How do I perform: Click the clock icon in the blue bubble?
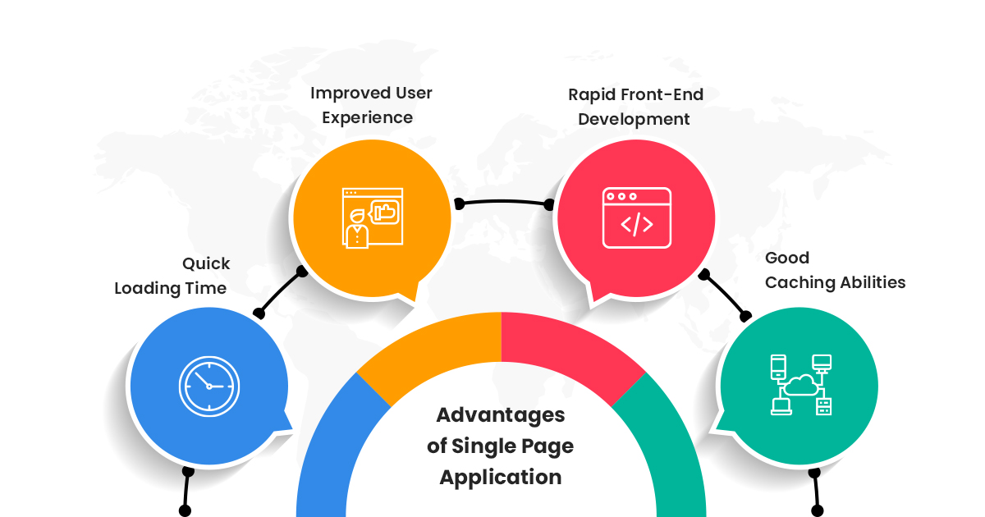(209, 387)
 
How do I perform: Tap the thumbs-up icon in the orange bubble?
(386, 213)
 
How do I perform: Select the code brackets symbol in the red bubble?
(637, 225)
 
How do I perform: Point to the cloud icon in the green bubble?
(801, 385)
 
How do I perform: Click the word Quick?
(206, 263)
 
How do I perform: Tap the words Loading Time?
(171, 288)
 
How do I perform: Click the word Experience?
(367, 118)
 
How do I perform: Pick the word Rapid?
(589, 95)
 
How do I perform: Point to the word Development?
(634, 119)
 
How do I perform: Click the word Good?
(787, 258)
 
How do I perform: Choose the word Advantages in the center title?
(501, 415)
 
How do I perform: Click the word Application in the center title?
(501, 478)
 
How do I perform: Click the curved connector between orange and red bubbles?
(504, 201)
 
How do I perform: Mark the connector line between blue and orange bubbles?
(280, 292)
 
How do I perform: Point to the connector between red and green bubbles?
(725, 295)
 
